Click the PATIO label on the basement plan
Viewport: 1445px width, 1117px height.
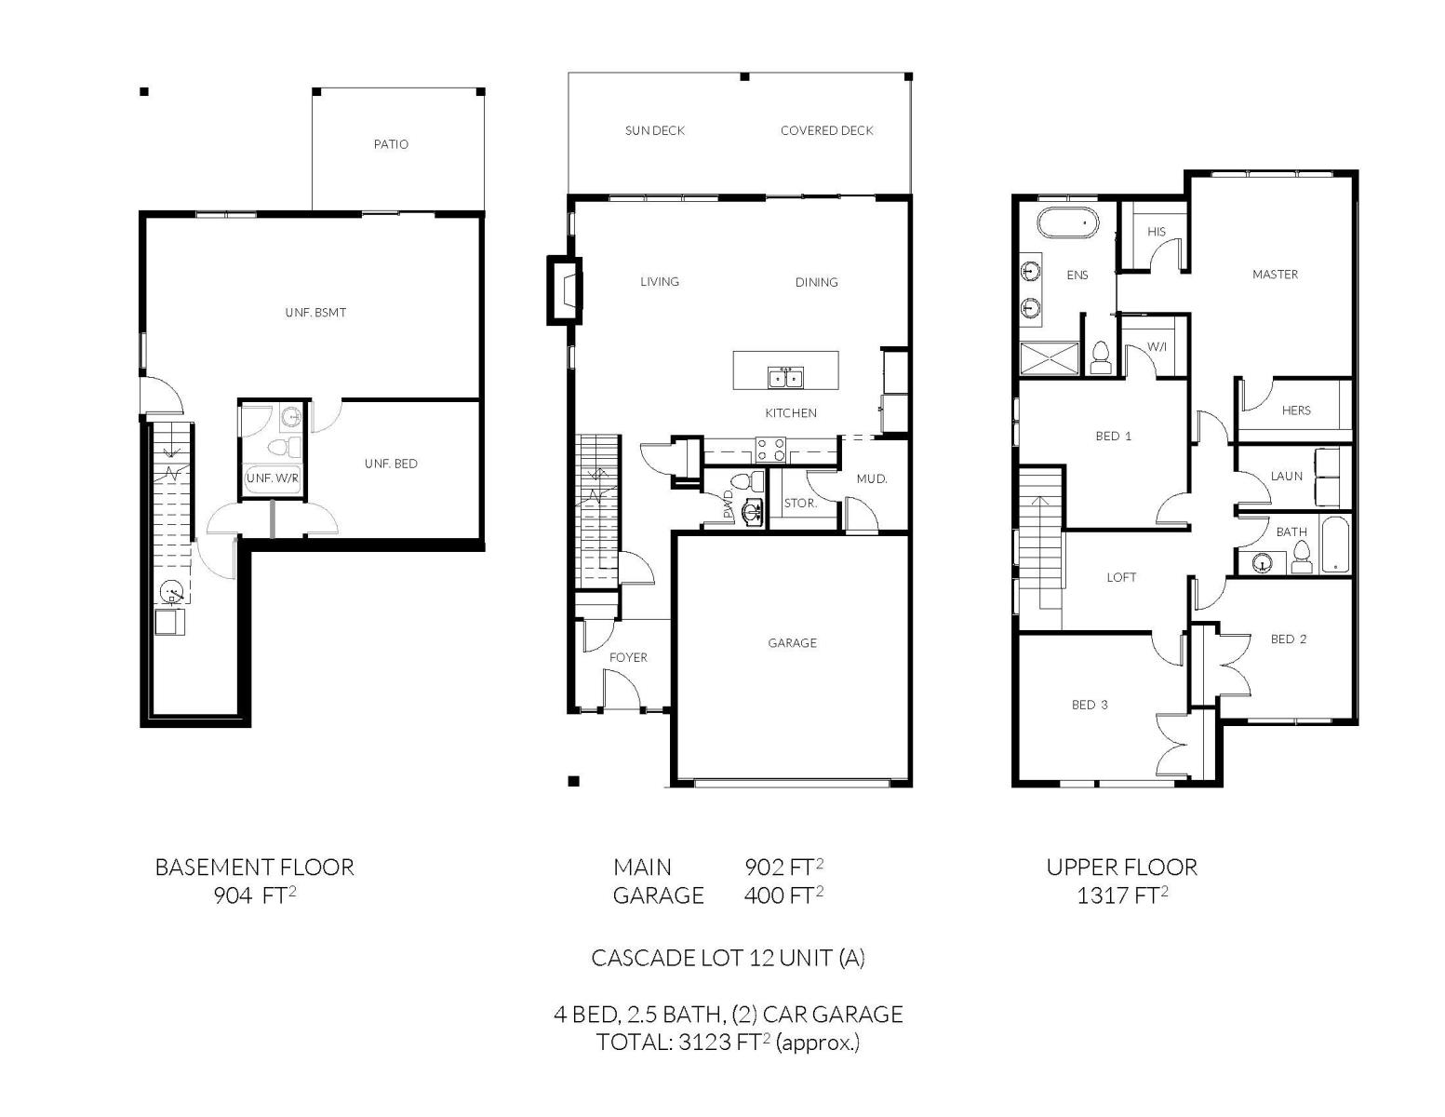point(391,144)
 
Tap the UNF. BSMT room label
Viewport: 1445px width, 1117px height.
point(315,313)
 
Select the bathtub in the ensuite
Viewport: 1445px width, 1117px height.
point(1067,222)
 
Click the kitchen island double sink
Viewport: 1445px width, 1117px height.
point(785,377)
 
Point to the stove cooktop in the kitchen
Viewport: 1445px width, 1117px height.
point(770,449)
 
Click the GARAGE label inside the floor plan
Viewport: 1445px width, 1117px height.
point(792,642)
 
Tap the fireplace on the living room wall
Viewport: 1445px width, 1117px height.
point(564,290)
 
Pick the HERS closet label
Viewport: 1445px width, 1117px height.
point(1295,410)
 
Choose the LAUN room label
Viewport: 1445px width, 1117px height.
point(1286,477)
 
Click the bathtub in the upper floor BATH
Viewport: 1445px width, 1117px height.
point(1335,545)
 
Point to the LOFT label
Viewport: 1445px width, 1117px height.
point(1121,577)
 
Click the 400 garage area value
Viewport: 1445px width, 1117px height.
point(764,895)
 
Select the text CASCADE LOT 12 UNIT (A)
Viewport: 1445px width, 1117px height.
point(729,958)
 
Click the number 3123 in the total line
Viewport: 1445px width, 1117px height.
point(705,1042)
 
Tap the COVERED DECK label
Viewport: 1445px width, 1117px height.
point(826,131)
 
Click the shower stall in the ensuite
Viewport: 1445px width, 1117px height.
point(1050,359)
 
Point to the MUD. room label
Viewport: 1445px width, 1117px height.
point(872,479)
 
